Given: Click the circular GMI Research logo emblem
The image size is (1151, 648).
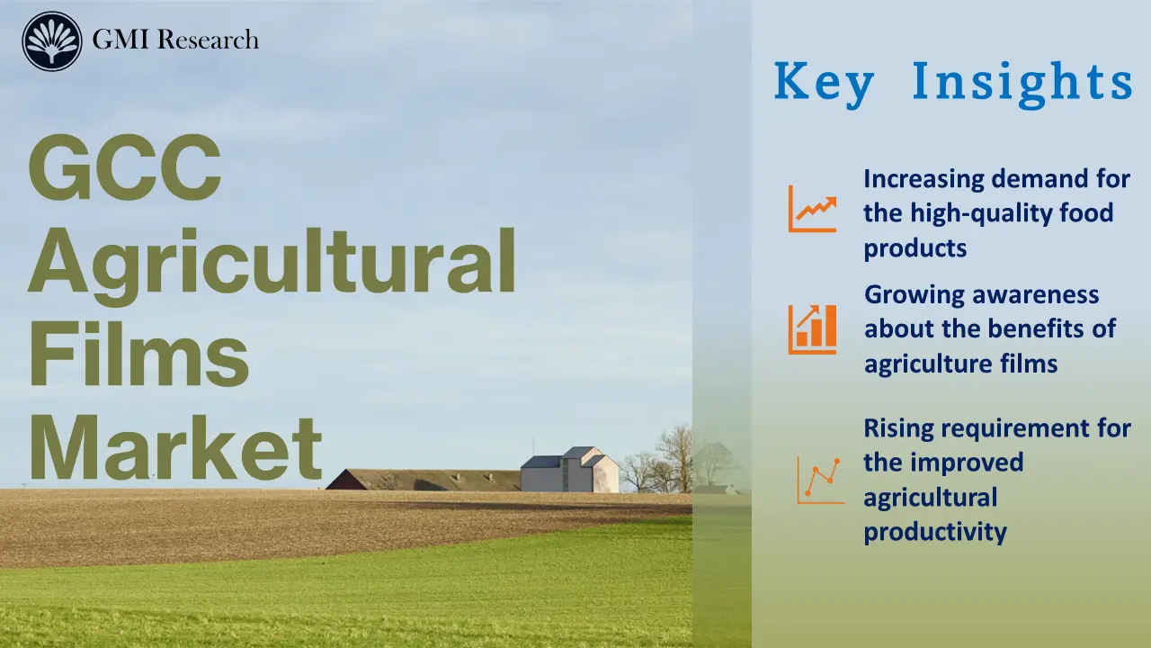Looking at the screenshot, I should click(x=52, y=40).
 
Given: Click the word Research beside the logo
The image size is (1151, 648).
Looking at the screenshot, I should click(x=209, y=40).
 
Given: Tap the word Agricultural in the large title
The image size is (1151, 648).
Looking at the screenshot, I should click(x=272, y=263).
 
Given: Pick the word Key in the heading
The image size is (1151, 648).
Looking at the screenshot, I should click(x=824, y=82).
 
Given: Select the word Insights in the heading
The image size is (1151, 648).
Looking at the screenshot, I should click(x=1022, y=81).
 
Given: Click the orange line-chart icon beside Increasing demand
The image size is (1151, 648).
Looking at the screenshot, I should click(x=812, y=209).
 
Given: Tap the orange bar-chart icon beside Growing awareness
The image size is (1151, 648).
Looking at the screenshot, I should click(x=812, y=328).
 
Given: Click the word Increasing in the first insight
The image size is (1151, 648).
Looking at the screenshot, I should click(x=923, y=179).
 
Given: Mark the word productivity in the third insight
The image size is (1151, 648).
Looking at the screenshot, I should click(x=935, y=531).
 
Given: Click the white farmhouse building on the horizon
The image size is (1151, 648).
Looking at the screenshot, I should click(x=570, y=471).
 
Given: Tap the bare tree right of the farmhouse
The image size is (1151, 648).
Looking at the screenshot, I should click(x=673, y=457).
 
